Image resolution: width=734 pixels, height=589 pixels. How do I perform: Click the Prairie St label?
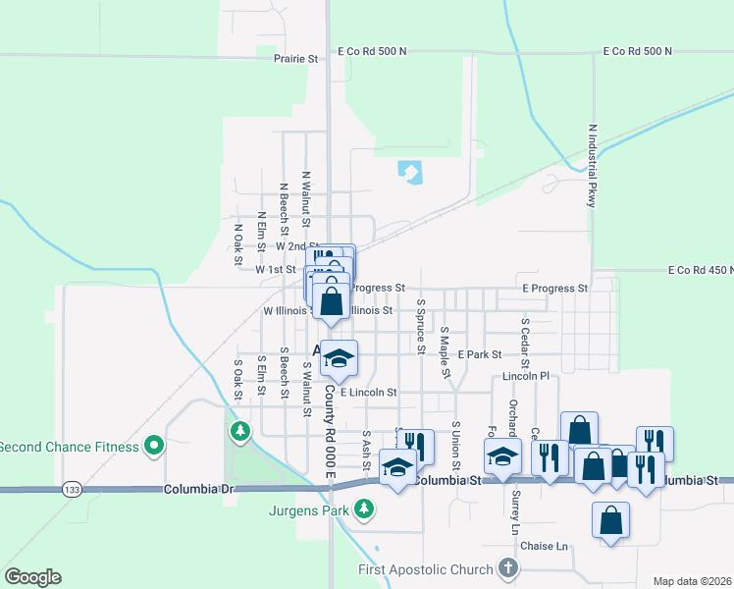tap(295, 59)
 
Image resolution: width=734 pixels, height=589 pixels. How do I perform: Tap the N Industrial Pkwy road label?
tap(592, 165)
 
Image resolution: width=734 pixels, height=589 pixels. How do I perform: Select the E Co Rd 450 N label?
tap(700, 270)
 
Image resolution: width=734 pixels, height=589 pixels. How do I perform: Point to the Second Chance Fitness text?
tap(69, 447)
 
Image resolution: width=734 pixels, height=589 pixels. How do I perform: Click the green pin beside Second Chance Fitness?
tap(153, 447)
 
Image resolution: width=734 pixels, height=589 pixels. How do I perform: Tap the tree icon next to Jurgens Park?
tap(364, 509)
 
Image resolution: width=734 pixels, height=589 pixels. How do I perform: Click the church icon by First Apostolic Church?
tap(507, 568)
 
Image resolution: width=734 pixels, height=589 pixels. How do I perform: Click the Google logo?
tap(32, 577)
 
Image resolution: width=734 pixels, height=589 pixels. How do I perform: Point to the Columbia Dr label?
tap(200, 488)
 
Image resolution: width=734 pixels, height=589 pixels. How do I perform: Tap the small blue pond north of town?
tap(410, 174)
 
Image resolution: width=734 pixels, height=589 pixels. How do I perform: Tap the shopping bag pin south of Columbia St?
tap(610, 520)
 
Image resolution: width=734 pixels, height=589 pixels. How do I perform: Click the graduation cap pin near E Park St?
tap(339, 358)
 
